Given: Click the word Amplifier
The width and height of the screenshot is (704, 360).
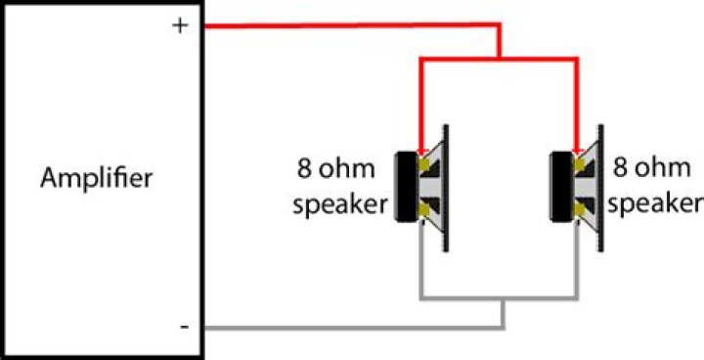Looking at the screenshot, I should [x=97, y=179].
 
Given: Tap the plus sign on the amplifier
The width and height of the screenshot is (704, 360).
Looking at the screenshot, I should [x=180, y=26].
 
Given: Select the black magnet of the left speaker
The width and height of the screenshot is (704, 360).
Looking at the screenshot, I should [x=403, y=188].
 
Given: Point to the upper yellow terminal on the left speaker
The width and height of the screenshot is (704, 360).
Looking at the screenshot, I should [x=422, y=166].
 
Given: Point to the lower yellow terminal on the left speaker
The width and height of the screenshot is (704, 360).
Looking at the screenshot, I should [x=422, y=208].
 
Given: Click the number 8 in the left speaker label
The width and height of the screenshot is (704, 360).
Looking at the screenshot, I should [x=304, y=168].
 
